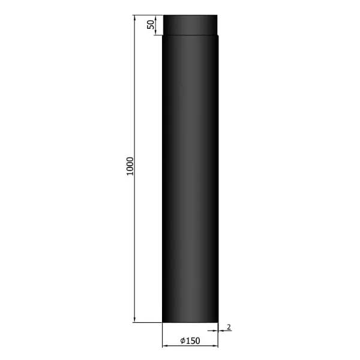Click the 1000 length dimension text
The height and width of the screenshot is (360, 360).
coord(130,168)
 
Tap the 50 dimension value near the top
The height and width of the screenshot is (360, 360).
coord(150,25)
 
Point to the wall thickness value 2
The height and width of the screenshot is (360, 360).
coord(229,327)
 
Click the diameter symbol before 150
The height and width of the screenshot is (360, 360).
coord(182,341)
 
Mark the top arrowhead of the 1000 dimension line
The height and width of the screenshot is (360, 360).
coord(135,18)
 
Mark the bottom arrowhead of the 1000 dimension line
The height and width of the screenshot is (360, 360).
coord(135,319)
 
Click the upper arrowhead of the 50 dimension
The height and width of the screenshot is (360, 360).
coord(157,18)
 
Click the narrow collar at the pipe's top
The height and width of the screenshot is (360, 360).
coord(191,25)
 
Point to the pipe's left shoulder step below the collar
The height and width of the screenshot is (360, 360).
coord(163,35)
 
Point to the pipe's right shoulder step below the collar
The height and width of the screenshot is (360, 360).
coord(218,35)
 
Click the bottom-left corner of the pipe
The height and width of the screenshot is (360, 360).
coord(163,322)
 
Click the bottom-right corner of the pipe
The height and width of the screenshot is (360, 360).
coord(218,322)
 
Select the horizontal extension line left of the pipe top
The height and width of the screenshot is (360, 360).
coord(147,15)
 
